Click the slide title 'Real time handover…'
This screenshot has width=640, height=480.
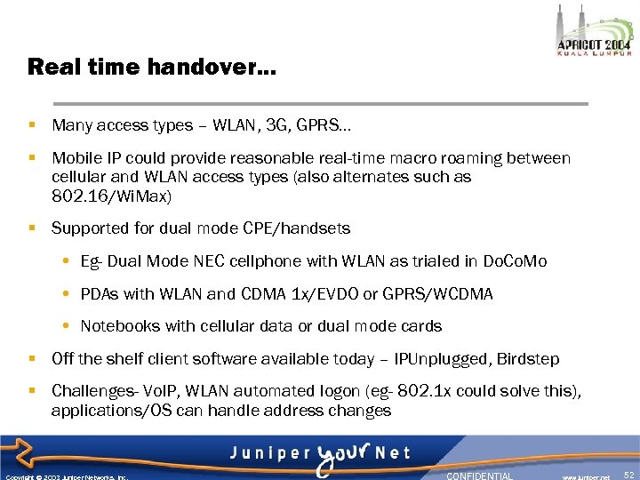[152, 67]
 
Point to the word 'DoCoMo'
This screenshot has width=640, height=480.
[515, 261]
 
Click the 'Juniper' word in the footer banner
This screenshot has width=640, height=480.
[268, 453]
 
